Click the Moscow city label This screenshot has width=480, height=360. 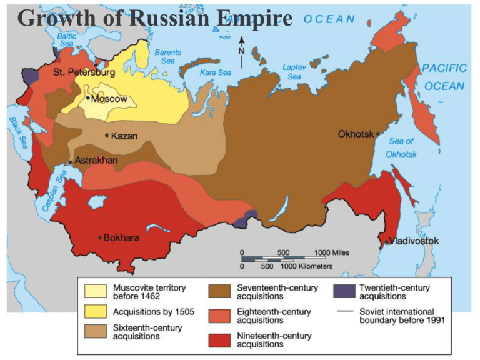point(109,99)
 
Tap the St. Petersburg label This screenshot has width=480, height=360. point(84,73)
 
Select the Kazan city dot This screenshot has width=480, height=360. point(107,135)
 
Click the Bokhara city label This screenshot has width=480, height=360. point(121,237)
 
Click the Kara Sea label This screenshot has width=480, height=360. point(216,72)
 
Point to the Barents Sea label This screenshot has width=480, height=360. point(167,57)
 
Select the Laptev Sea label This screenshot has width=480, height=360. point(295,71)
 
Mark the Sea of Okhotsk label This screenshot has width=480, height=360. point(401,147)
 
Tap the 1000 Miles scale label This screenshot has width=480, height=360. point(331,252)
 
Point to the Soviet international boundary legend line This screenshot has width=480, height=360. point(342,311)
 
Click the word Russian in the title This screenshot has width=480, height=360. point(173,18)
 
